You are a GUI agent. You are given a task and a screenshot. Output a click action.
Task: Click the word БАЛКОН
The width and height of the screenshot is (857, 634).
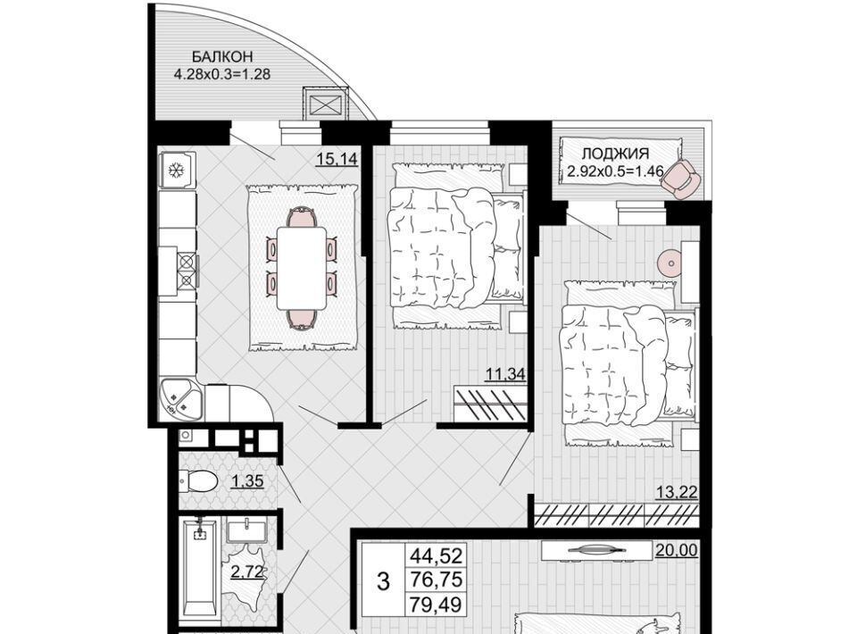[x=222, y=56]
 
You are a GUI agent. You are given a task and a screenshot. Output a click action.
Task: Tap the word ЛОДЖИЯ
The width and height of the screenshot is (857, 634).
[x=615, y=154]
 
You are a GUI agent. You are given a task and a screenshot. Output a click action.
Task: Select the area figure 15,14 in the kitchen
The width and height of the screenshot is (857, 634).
[x=337, y=159]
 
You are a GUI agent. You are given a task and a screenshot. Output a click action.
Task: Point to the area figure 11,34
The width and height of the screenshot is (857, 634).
[x=505, y=374]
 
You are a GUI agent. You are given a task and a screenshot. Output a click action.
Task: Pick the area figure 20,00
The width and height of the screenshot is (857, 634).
[x=677, y=550]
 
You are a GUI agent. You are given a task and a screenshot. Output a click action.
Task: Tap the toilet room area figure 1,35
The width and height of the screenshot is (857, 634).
[x=248, y=481]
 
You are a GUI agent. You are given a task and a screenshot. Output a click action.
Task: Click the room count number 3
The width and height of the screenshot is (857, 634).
[x=384, y=582]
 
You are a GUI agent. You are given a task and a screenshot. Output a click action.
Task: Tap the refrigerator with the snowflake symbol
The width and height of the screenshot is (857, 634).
[x=177, y=171]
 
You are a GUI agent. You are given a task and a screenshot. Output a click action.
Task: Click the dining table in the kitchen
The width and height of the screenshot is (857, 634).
[x=302, y=269]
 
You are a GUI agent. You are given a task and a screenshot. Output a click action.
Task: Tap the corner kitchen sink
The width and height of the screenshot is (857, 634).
[x=179, y=399]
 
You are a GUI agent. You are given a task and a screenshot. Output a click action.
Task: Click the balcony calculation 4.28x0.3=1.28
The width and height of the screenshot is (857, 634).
[x=222, y=74]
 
